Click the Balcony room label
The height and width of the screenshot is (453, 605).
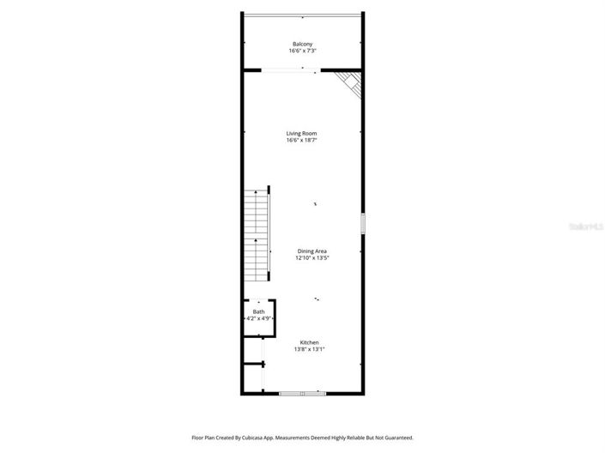[x=302, y=44]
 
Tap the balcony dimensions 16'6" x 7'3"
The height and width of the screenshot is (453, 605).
[x=302, y=51]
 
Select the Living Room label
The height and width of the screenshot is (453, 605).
[x=302, y=133]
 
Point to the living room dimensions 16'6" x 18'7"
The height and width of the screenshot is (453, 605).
[x=302, y=141]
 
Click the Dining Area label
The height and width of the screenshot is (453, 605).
[x=312, y=251]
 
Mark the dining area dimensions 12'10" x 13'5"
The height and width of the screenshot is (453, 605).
[x=312, y=258]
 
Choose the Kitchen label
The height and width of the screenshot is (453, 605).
[x=309, y=342]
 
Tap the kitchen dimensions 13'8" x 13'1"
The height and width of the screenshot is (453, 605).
[x=309, y=350]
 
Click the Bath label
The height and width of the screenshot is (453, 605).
[x=258, y=311]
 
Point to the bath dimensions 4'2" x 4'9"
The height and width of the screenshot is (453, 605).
[x=258, y=319]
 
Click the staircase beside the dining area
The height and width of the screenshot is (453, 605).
[x=257, y=235]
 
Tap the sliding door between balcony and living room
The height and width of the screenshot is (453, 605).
[x=290, y=71]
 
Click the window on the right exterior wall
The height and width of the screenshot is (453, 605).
[x=363, y=223]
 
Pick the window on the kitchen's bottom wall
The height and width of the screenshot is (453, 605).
[x=303, y=393]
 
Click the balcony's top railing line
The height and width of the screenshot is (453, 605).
[x=302, y=14]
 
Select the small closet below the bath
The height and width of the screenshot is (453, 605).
[x=252, y=378]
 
